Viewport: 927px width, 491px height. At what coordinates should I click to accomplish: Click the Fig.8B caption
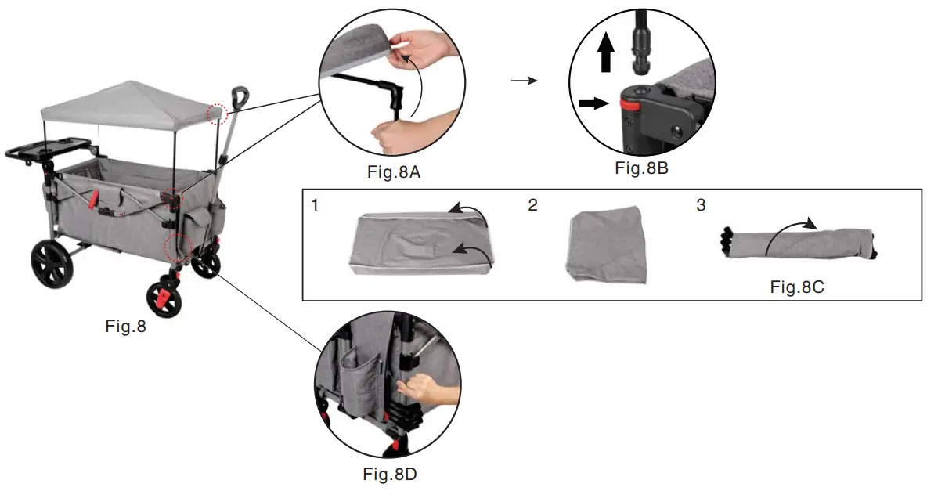pyautogui.click(x=640, y=168)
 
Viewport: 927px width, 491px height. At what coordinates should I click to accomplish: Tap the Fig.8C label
pyautogui.click(x=796, y=287)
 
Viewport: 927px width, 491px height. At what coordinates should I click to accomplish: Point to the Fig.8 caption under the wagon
pyautogui.click(x=125, y=327)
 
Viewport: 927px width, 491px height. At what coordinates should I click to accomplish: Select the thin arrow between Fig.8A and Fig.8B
pyautogui.click(x=524, y=80)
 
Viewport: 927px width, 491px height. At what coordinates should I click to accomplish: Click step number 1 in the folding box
pyautogui.click(x=314, y=206)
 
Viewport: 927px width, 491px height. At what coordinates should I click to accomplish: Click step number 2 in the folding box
pyautogui.click(x=533, y=206)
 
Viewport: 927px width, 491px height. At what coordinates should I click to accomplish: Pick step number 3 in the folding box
pyautogui.click(x=700, y=206)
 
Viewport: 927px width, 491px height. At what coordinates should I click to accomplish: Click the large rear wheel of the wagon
pyautogui.click(x=52, y=264)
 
